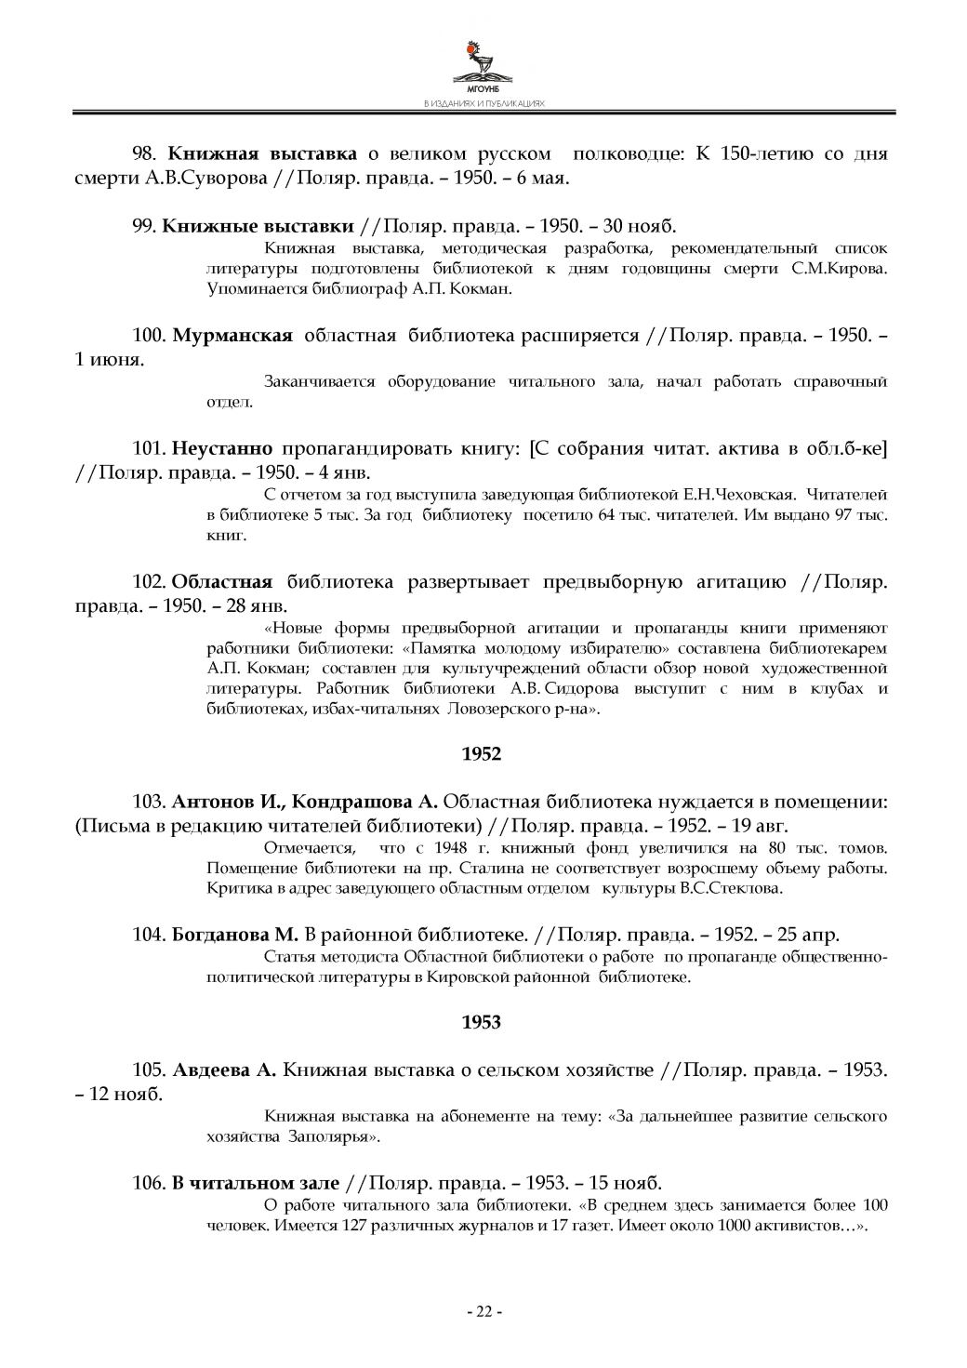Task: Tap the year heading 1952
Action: pyautogui.click(x=482, y=754)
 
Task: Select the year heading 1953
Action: pyautogui.click(x=482, y=1022)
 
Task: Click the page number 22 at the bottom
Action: pyautogui.click(x=483, y=1311)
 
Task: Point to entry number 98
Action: pyautogui.click(x=148, y=153)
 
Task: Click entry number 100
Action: pyautogui.click(x=151, y=336)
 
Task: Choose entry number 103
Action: pyautogui.click(x=151, y=802)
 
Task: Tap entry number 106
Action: pyautogui.click(x=151, y=1183)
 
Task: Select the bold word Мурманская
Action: pyautogui.click(x=232, y=336)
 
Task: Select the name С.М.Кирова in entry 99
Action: pyautogui.click(x=835, y=269)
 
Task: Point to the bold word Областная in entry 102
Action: pyautogui.click(x=223, y=583)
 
